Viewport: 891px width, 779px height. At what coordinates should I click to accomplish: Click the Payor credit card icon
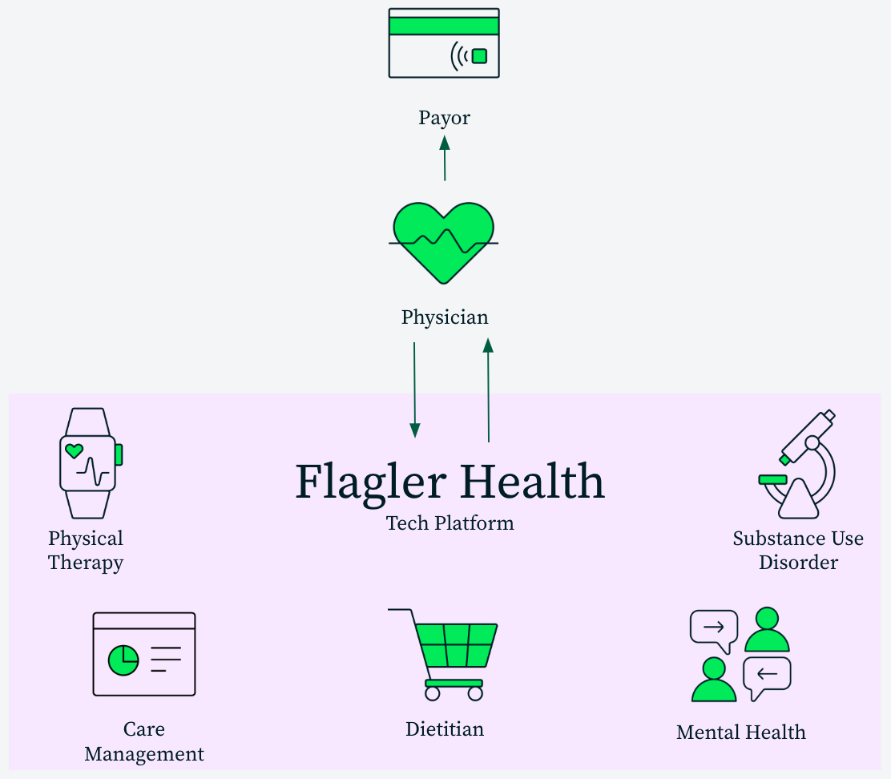444,43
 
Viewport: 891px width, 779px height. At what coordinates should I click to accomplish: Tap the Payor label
444,118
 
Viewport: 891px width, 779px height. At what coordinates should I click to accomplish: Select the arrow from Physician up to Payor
445,159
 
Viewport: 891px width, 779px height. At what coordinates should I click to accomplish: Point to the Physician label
445,317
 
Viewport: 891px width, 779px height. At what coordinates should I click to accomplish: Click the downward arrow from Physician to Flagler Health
414,389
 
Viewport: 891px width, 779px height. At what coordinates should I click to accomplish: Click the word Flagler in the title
369,482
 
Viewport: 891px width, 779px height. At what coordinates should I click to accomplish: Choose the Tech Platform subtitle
450,523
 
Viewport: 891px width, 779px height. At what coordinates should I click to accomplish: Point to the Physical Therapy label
86,550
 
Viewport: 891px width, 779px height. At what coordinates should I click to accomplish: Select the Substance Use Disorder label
798,550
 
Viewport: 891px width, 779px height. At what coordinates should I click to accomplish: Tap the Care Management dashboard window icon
144,654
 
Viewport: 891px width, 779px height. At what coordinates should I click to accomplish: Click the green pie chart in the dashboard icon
123,660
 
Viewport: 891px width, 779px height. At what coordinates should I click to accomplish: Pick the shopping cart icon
445,654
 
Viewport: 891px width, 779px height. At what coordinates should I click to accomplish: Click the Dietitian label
445,729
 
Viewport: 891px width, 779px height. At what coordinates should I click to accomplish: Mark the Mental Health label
740,732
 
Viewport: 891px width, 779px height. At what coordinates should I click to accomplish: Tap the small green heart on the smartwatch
74,450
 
